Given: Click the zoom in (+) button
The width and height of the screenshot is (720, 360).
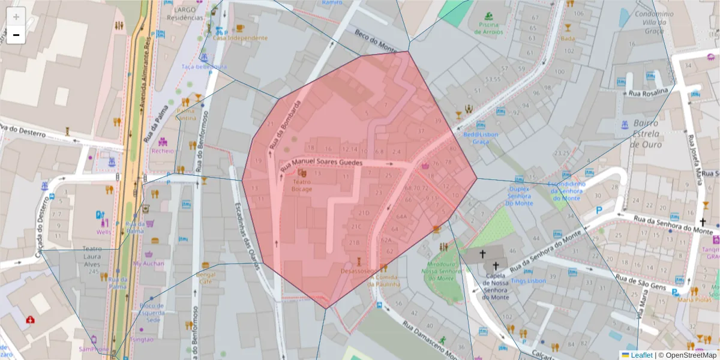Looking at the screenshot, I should [16, 17].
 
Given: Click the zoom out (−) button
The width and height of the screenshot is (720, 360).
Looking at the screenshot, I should [16, 35].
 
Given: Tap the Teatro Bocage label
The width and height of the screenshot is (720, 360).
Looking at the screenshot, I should [302, 185].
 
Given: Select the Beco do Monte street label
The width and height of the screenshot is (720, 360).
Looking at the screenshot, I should [376, 41].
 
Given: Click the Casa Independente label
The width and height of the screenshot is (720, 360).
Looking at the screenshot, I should [240, 38].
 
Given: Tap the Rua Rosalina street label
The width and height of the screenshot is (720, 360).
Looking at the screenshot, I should [648, 92].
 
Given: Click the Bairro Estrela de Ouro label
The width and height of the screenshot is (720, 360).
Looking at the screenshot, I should [646, 133].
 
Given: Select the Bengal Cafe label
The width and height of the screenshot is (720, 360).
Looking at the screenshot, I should [205, 278].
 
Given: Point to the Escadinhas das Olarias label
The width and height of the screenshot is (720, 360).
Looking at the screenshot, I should [247, 236].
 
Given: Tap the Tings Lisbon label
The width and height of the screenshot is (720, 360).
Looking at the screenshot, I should [528, 281].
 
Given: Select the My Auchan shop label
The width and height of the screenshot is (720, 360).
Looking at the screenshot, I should [148, 263].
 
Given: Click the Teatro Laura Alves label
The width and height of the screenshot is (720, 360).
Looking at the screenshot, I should [92, 260].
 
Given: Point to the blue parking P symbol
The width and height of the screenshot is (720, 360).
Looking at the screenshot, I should [598, 211].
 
